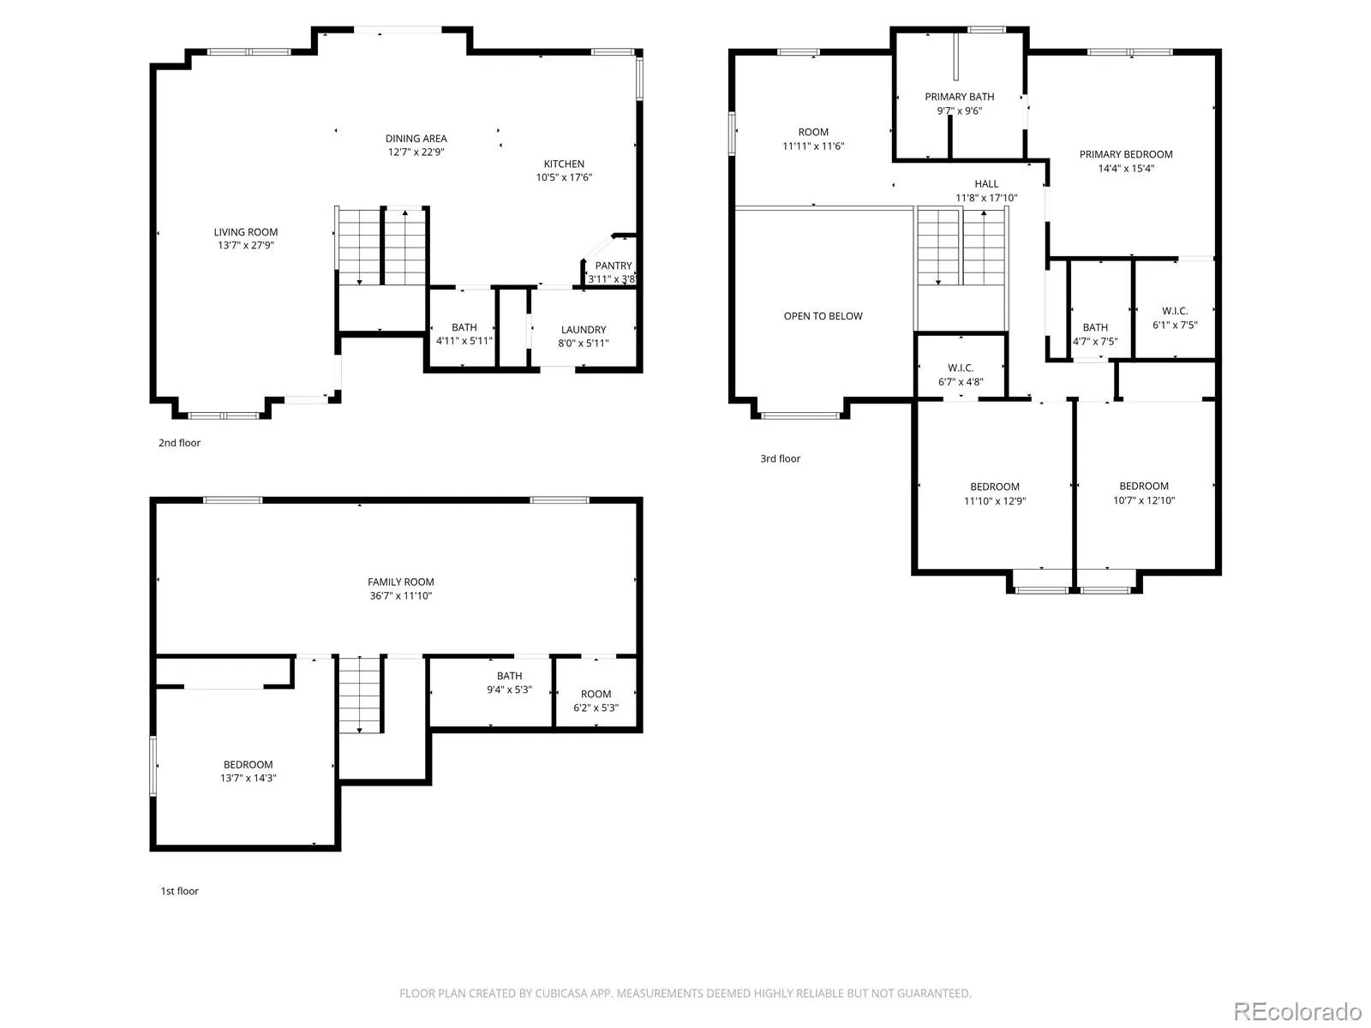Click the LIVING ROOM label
[x=245, y=231]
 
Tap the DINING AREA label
[x=416, y=138]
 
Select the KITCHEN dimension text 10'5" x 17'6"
[x=564, y=177]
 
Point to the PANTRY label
[x=614, y=266]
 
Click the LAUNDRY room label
[x=584, y=330]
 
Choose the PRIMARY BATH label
[x=960, y=97]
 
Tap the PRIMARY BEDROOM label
[x=1126, y=154]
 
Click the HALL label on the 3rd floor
[x=986, y=183]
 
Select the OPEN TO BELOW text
[x=823, y=316]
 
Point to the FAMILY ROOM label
[x=400, y=582]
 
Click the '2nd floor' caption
[x=179, y=443]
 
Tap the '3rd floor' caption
[x=780, y=458]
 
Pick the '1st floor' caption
[x=179, y=891]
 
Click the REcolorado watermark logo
[x=1297, y=1011]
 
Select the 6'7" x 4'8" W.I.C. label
[x=961, y=374]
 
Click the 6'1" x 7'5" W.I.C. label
[x=1175, y=318]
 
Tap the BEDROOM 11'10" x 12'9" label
[x=995, y=493]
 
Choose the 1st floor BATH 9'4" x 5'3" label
[x=509, y=682]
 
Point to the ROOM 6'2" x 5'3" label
[x=596, y=700]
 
